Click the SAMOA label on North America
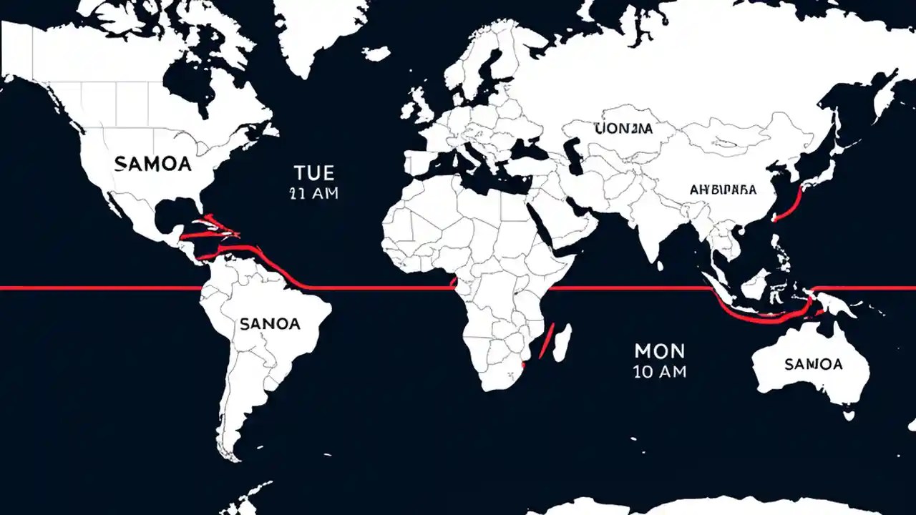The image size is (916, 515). [152, 164]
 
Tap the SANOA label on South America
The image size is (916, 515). [270, 324]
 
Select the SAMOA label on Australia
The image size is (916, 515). [814, 364]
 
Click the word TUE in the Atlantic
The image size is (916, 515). [314, 172]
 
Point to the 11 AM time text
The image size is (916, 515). [314, 193]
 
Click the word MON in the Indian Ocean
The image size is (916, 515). [659, 350]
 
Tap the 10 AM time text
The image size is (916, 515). [659, 371]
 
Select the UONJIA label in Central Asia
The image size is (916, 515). [623, 129]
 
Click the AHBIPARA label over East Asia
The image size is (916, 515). [723, 190]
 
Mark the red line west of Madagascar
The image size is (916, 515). [546, 340]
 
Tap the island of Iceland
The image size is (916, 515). [376, 54]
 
